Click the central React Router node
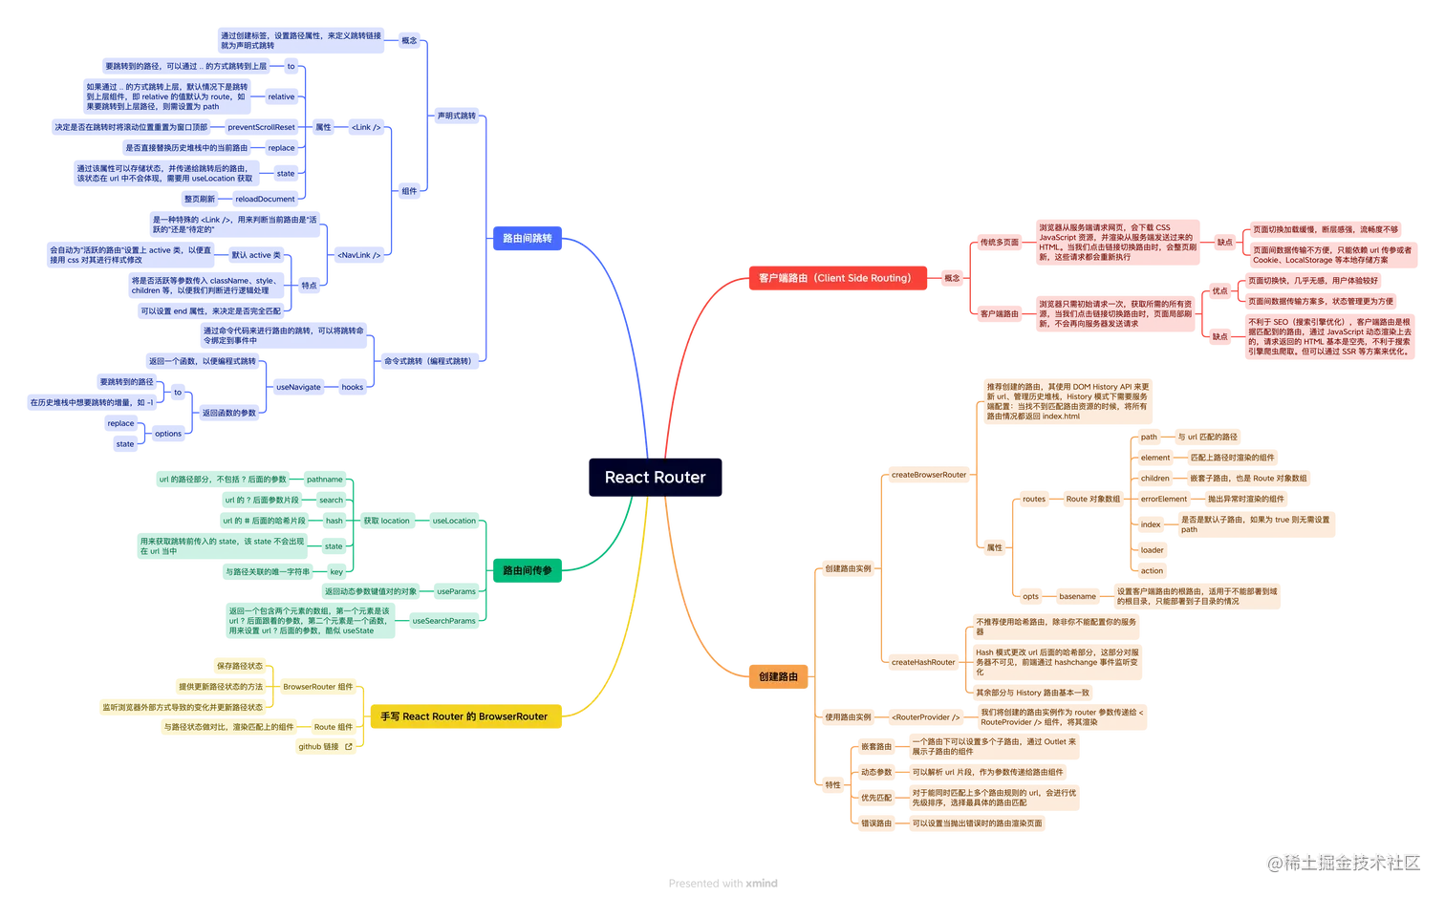[x=655, y=477]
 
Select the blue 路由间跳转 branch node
[x=528, y=238]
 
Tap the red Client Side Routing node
[x=834, y=278]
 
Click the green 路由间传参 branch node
[x=528, y=570]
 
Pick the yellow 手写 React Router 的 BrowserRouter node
[x=464, y=716]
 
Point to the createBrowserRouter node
[x=928, y=474]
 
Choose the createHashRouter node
[x=922, y=661]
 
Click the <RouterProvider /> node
[x=924, y=716]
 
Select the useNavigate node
[x=298, y=387]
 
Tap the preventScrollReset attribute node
[x=261, y=127]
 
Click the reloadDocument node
[x=265, y=199]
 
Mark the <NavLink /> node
[x=358, y=255]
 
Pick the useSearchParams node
[x=443, y=621]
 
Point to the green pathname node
[x=325, y=479]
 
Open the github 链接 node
[x=325, y=746]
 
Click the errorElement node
[x=1163, y=499]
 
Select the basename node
[x=1077, y=596]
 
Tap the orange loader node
[x=1152, y=549]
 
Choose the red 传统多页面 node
[x=999, y=243]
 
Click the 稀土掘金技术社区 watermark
[x=1343, y=861]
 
